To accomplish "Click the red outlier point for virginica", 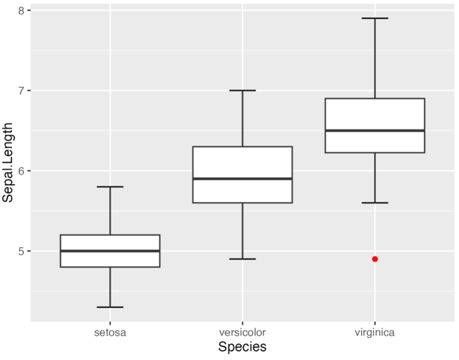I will tap(375, 259).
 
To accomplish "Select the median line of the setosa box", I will tap(110, 251).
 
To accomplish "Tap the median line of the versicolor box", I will tap(242, 179).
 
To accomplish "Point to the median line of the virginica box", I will tap(375, 130).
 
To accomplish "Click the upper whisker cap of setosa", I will tap(110, 187).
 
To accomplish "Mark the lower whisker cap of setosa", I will tap(110, 307).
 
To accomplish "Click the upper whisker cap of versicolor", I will tap(242, 90).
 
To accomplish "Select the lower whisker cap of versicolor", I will tap(242, 259).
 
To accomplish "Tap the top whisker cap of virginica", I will tap(375, 19).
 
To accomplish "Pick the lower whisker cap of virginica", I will tap(375, 203).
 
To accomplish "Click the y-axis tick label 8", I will tap(22, 11).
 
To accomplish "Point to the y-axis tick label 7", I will tap(22, 91).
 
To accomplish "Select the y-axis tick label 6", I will tap(22, 171).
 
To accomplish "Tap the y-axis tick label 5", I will tap(22, 251).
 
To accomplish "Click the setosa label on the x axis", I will tap(110, 331).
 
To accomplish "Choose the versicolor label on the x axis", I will tap(242, 331).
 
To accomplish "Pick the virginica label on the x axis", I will tap(375, 331).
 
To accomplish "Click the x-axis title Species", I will tap(242, 347).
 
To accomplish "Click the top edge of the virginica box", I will tap(375, 99).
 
